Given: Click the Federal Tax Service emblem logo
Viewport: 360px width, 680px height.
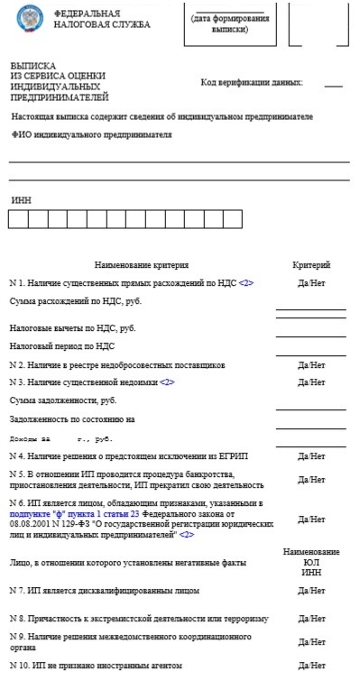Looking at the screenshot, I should click(x=29, y=21).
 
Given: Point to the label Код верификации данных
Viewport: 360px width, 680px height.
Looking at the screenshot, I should click(x=252, y=82).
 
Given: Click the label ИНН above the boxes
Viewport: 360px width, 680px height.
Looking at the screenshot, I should click(x=20, y=199).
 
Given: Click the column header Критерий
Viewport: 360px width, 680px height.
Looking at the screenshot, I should click(x=311, y=265).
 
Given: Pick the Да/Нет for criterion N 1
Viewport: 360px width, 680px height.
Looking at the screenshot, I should click(x=311, y=283).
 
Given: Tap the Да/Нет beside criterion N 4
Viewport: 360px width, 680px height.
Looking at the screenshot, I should click(x=311, y=456).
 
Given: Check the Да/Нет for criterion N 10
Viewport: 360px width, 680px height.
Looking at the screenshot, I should click(x=311, y=666).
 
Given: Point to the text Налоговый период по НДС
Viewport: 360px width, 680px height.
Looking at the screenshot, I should click(x=62, y=345).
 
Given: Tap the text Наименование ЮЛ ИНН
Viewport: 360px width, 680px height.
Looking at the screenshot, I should click(x=311, y=561).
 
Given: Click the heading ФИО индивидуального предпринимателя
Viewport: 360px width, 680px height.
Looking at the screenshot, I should click(x=91, y=134).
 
